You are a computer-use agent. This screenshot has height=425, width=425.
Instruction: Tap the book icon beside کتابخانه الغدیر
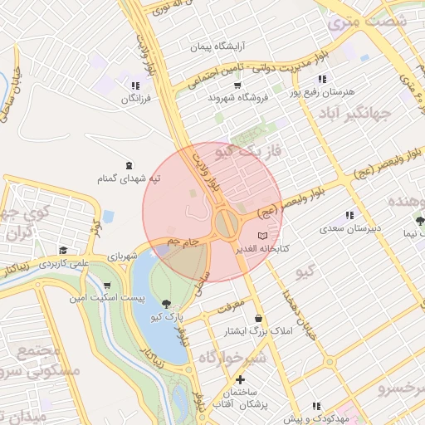click(263, 236)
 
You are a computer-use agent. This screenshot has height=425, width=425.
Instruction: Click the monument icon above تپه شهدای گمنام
click(128, 166)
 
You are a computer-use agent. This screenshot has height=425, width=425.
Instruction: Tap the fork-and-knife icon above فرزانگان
click(135, 86)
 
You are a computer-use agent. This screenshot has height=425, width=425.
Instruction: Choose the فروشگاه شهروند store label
click(238, 98)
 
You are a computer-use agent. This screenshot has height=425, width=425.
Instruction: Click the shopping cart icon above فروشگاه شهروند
click(238, 85)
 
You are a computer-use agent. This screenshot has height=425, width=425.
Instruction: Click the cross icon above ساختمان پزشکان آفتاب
click(239, 379)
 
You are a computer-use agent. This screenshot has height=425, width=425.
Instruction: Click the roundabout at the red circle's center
click(225, 222)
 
